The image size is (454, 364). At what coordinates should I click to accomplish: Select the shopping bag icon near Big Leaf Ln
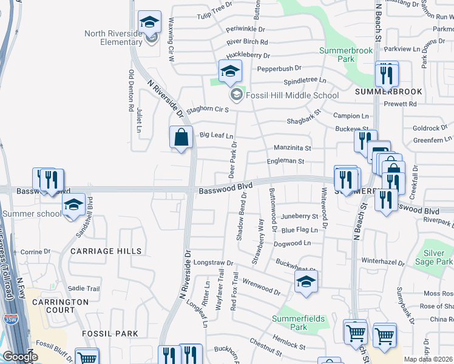181,138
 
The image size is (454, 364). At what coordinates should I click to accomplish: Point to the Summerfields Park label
298,323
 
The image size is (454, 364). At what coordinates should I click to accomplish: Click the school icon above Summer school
74,205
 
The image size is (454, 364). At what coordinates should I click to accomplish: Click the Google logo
20,357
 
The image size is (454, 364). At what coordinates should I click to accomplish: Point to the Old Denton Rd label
130,91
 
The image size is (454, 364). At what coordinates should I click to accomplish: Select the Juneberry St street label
300,216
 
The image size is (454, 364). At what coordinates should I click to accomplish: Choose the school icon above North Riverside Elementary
149,22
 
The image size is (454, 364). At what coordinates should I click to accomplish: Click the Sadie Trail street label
84,288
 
